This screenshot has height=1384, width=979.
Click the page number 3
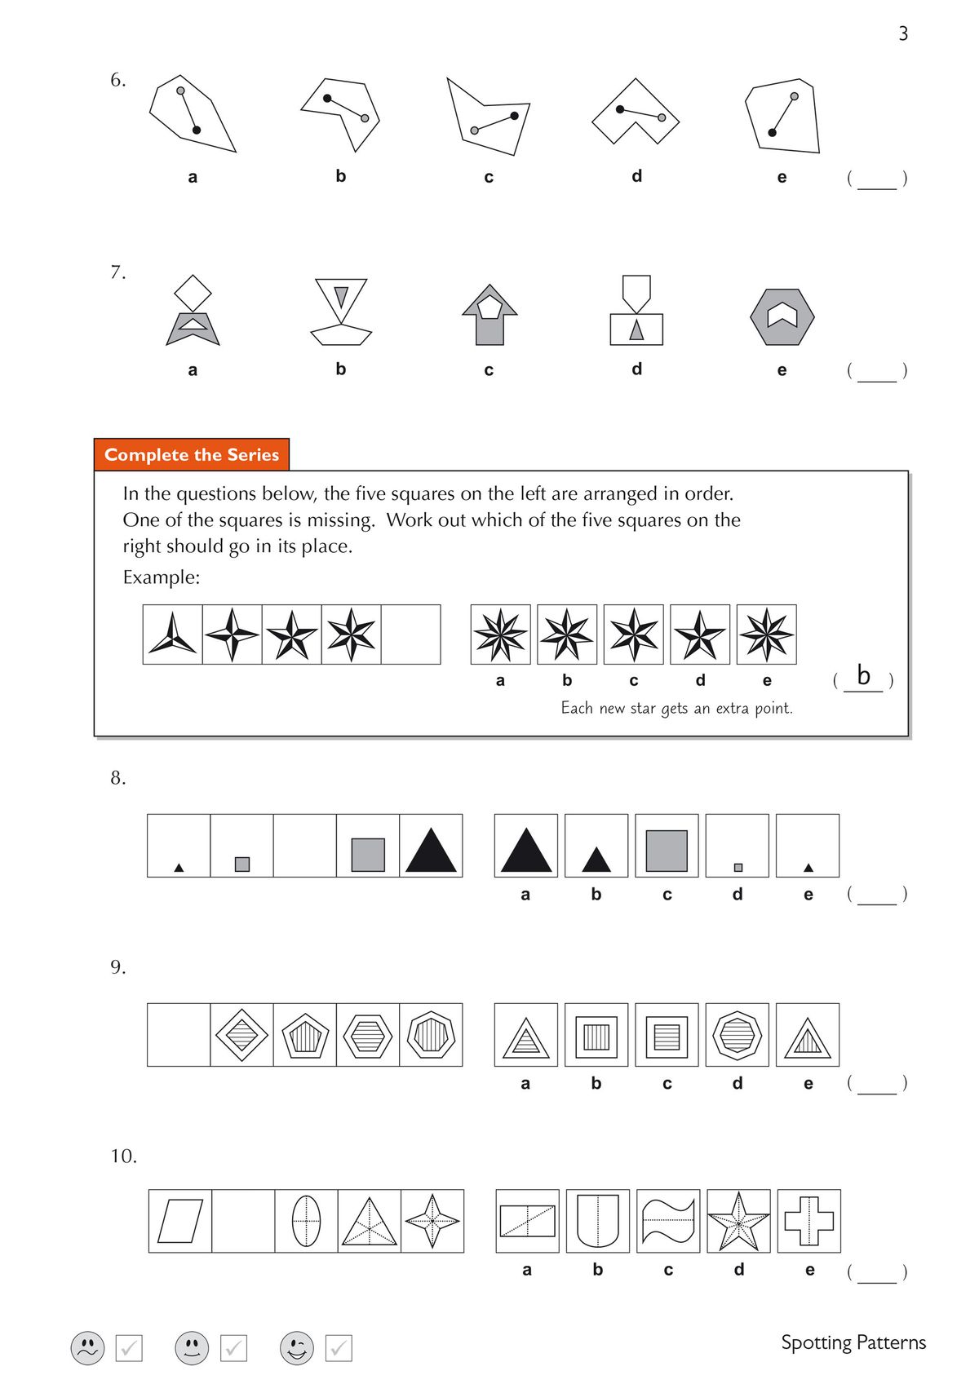(x=903, y=33)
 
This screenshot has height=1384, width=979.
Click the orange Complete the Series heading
(x=192, y=455)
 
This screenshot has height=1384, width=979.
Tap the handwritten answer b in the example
(x=863, y=675)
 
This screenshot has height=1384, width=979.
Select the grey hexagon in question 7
(x=782, y=316)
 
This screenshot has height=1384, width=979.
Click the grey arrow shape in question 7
(x=489, y=315)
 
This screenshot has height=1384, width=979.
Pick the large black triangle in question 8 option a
(x=526, y=850)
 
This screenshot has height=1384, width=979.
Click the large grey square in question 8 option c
(x=667, y=851)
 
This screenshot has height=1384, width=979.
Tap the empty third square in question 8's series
(x=305, y=846)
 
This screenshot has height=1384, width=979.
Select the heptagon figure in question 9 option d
(x=738, y=1035)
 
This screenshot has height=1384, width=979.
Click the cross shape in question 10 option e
(x=808, y=1221)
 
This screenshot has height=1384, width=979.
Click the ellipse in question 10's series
(x=306, y=1221)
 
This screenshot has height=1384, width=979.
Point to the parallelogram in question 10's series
(x=180, y=1221)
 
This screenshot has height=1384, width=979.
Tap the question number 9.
(x=118, y=967)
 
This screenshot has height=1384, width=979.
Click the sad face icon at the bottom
(x=87, y=1348)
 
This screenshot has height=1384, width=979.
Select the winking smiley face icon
(x=297, y=1348)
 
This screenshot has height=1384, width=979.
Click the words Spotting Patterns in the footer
(x=853, y=1342)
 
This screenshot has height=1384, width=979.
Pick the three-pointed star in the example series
(x=173, y=635)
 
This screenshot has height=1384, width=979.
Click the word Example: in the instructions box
(x=162, y=577)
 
